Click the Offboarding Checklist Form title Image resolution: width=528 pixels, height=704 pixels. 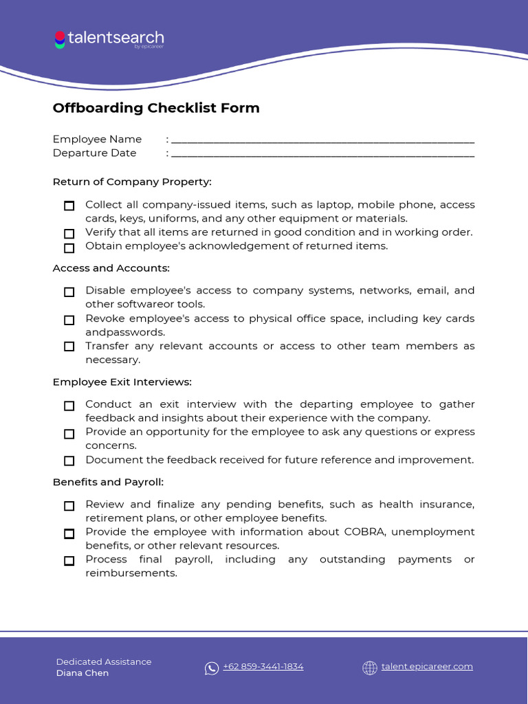click(156, 108)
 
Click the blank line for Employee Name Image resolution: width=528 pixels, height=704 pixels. click(322, 140)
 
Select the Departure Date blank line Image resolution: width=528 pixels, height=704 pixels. click(322, 153)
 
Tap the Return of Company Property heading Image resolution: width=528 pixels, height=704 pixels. click(132, 182)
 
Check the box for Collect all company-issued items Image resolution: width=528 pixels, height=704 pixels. click(69, 206)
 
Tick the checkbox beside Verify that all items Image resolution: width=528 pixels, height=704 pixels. click(69, 234)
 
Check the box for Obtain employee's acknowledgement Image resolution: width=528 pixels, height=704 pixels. click(69, 247)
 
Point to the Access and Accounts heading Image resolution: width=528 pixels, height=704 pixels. click(111, 268)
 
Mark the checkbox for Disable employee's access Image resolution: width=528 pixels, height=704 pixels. click(69, 292)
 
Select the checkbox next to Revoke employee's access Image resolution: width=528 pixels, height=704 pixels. click(69, 320)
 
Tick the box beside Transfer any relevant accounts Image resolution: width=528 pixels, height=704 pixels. click(69, 346)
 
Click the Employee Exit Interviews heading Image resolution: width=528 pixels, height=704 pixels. click(122, 382)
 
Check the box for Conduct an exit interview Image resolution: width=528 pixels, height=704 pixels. click(69, 406)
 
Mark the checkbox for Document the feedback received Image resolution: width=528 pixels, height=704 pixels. click(69, 461)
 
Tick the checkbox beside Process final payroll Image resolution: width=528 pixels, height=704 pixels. click(69, 560)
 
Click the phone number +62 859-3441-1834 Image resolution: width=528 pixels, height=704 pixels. click(263, 667)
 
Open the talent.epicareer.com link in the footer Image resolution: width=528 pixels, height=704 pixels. click(427, 667)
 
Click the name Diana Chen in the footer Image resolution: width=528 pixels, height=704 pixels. click(82, 673)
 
